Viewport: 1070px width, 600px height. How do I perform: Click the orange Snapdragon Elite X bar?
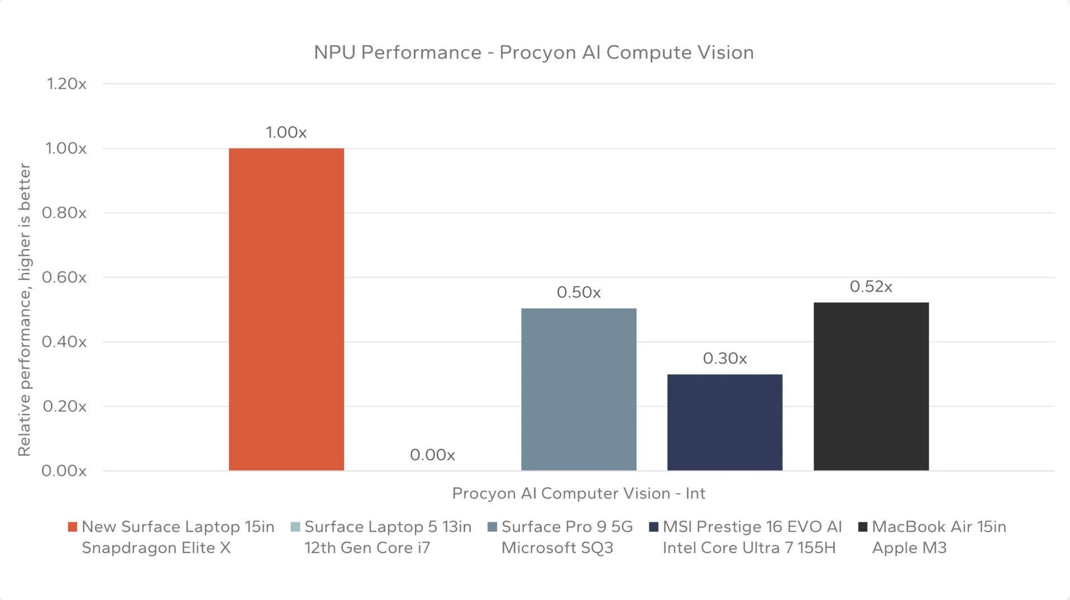[x=286, y=309]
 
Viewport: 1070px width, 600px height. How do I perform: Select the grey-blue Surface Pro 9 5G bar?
[x=579, y=389]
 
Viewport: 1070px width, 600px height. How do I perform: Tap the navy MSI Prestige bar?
[x=724, y=422]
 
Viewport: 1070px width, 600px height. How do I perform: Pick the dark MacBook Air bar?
[x=871, y=386]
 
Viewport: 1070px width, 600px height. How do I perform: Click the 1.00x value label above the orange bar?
[x=286, y=132]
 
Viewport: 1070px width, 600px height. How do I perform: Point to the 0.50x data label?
[x=579, y=293]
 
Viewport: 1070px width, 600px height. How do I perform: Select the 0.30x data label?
[x=724, y=359]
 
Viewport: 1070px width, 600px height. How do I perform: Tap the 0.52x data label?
[x=871, y=287]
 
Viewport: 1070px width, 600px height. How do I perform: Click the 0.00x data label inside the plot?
[x=432, y=455]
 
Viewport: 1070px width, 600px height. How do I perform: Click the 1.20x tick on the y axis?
[x=66, y=84]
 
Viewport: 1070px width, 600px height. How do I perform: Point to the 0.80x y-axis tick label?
[x=65, y=213]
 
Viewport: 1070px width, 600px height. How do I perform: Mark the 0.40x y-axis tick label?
[x=65, y=342]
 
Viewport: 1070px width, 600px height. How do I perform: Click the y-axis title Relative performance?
[x=24, y=309]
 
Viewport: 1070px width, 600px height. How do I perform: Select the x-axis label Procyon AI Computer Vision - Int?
[x=579, y=493]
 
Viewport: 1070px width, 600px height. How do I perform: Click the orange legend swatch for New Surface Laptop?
[x=73, y=527]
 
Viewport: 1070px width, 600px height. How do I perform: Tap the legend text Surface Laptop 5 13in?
[x=388, y=527]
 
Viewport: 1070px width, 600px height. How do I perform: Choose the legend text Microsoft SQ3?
[x=557, y=548]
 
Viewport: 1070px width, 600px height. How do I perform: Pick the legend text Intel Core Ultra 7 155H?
[x=749, y=548]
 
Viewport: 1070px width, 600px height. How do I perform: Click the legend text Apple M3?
[x=909, y=548]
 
